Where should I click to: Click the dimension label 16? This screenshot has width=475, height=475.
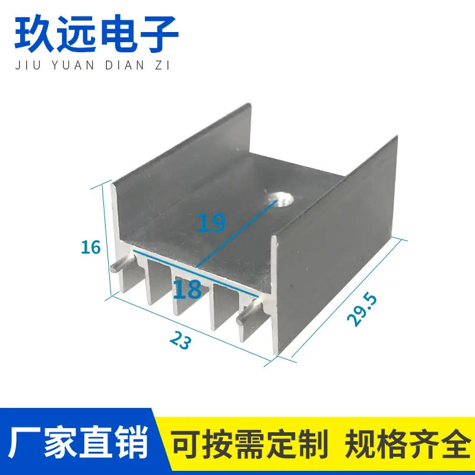pos(91,246)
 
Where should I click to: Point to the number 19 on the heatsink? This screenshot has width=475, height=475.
pos(212,223)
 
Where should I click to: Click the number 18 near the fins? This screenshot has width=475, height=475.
pos(187,289)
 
